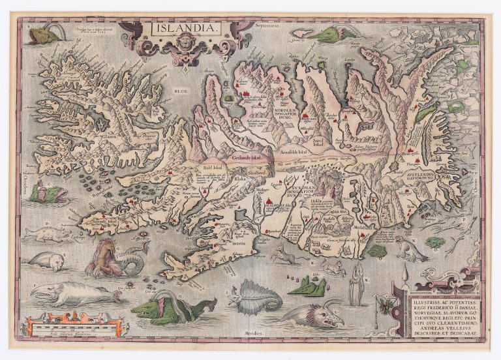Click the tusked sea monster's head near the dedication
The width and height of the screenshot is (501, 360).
click(x=323, y=316)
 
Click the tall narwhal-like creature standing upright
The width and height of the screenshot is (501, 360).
click(x=356, y=285)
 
